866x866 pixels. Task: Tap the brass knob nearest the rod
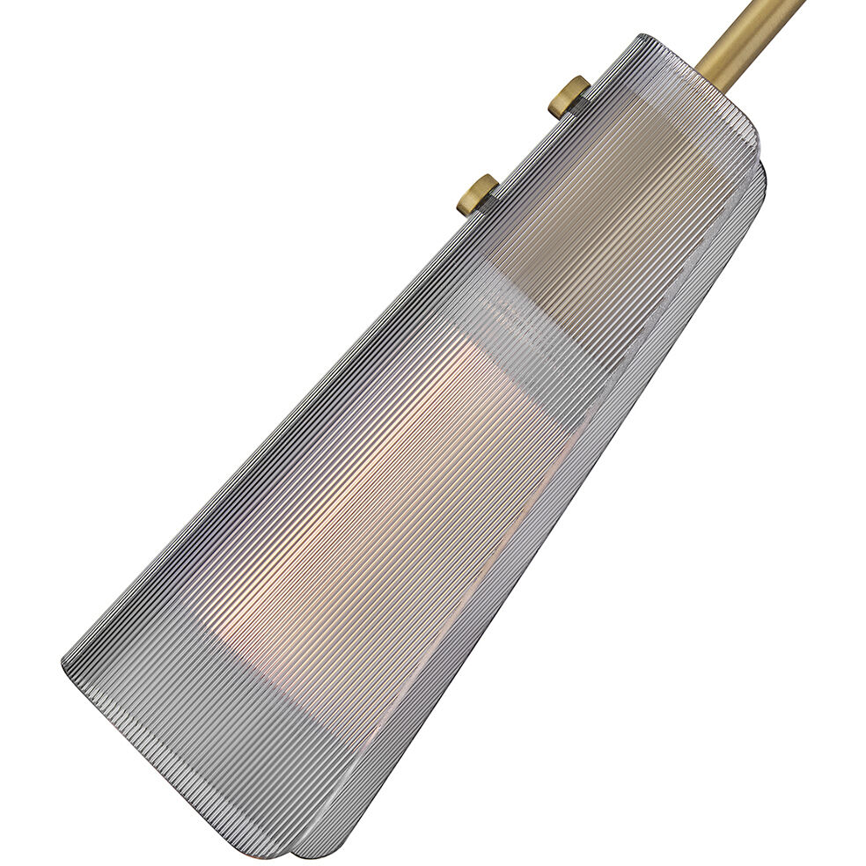coord(568,96)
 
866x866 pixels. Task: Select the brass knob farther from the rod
coord(476,194)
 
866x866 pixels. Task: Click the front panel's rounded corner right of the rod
coord(748,132)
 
